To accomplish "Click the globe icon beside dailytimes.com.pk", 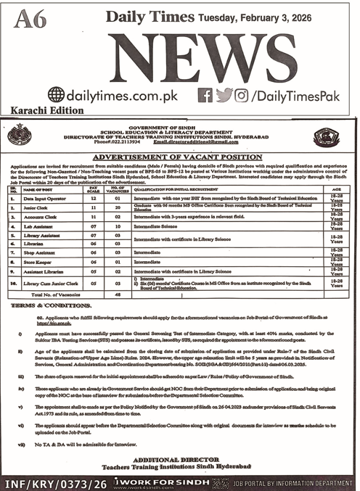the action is click(x=56, y=94).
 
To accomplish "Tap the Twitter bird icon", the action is click(x=224, y=94).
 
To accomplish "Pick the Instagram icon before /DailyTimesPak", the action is click(x=242, y=94).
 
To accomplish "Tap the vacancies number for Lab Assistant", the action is click(x=118, y=226).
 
